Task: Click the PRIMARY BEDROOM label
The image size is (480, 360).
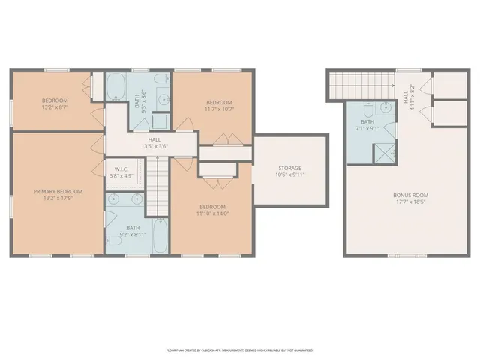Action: (58, 191)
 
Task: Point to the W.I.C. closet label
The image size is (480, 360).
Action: (121, 169)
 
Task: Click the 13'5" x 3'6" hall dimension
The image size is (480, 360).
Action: (154, 147)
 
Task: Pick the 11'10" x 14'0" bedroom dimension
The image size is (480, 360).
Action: (211, 214)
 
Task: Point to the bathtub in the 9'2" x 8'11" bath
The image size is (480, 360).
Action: (160, 237)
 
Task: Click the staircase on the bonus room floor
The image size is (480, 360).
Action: (362, 84)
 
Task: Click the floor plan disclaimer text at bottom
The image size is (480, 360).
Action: (239, 349)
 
